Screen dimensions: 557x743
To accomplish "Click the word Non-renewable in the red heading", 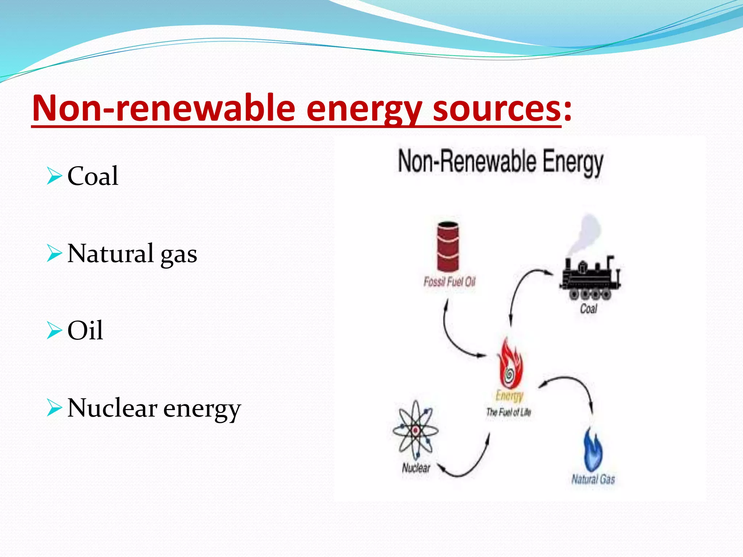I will click(163, 108).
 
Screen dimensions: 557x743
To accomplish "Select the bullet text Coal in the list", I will click(93, 176).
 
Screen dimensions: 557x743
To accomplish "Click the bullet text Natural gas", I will click(132, 253).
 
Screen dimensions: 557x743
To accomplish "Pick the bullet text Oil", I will click(85, 330).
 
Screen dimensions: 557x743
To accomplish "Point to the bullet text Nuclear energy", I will click(154, 408).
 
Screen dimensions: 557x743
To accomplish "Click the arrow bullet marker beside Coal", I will click(54, 176).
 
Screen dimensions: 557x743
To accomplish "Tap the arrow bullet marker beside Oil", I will click(54, 330).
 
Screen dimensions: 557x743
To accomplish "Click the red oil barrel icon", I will click(448, 247).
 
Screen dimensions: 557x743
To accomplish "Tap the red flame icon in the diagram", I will click(510, 364).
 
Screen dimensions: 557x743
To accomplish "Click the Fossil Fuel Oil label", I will click(450, 282).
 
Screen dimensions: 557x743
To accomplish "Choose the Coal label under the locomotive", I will click(588, 309).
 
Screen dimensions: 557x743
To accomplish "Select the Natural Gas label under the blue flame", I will click(593, 479).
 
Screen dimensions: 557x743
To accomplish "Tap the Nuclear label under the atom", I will click(416, 468).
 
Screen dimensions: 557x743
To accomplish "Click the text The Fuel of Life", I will click(509, 412).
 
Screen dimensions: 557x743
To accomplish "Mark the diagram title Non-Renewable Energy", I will click(501, 162).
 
